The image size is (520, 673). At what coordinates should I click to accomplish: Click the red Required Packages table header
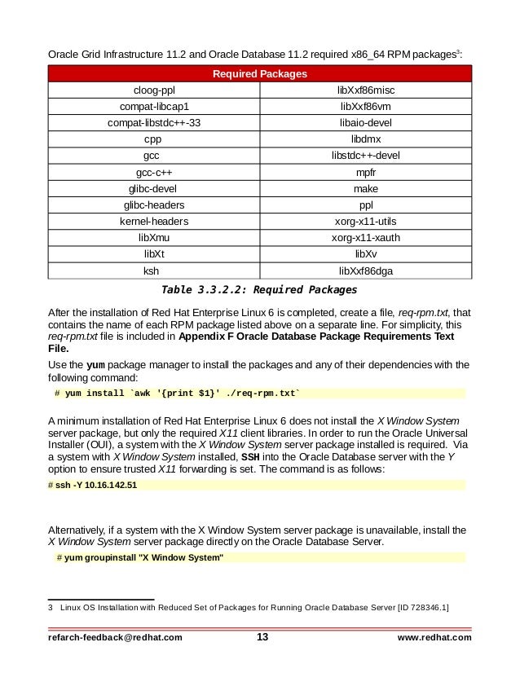259,74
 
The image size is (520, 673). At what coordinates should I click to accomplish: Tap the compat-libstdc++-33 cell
154,123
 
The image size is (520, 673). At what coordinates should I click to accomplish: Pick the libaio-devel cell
366,123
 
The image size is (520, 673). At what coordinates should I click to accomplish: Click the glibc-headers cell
154,205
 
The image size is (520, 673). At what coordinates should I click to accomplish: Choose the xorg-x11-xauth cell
366,238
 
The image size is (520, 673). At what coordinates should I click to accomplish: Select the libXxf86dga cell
366,271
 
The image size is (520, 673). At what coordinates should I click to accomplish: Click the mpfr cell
366,173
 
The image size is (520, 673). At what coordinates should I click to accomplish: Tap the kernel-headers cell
154,222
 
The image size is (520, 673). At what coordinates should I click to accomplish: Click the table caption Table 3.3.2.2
259,289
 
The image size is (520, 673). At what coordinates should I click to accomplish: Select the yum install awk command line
177,394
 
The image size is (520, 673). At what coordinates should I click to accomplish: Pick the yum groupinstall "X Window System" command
139,557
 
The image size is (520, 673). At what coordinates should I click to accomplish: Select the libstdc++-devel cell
366,156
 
